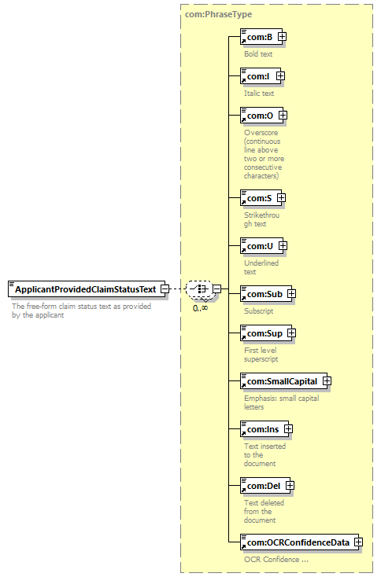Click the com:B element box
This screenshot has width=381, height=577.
pyautogui.click(x=261, y=37)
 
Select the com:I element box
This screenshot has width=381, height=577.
pyautogui.click(x=260, y=76)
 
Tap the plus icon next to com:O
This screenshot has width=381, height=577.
pyautogui.click(x=283, y=116)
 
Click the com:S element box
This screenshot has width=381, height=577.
pyautogui.click(x=261, y=198)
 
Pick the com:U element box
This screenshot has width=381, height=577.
pyautogui.click(x=261, y=246)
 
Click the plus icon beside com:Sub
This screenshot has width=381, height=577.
pyautogui.click(x=291, y=294)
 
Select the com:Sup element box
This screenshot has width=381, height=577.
pyautogui.click(x=265, y=333)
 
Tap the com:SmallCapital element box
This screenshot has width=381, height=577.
pyautogui.click(x=283, y=381)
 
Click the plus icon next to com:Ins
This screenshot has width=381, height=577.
pyautogui.click(x=288, y=429)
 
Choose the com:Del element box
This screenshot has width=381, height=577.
pyautogui.click(x=265, y=486)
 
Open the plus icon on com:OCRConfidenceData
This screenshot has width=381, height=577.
pyautogui.click(x=358, y=542)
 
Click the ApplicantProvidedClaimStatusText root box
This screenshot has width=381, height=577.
pyautogui.click(x=87, y=289)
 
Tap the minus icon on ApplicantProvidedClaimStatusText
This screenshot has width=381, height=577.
pyautogui.click(x=165, y=289)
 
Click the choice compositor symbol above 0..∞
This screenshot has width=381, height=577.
pyautogui.click(x=199, y=288)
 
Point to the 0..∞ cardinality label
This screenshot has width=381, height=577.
pyautogui.click(x=200, y=308)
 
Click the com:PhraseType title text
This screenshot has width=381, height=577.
pyautogui.click(x=219, y=14)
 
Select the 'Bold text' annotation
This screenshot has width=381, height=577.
pyautogui.click(x=258, y=54)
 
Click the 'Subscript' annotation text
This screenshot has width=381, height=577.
pyautogui.click(x=259, y=311)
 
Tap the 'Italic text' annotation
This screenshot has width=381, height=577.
pyautogui.click(x=259, y=94)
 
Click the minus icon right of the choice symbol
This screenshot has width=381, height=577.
pyautogui.click(x=217, y=289)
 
